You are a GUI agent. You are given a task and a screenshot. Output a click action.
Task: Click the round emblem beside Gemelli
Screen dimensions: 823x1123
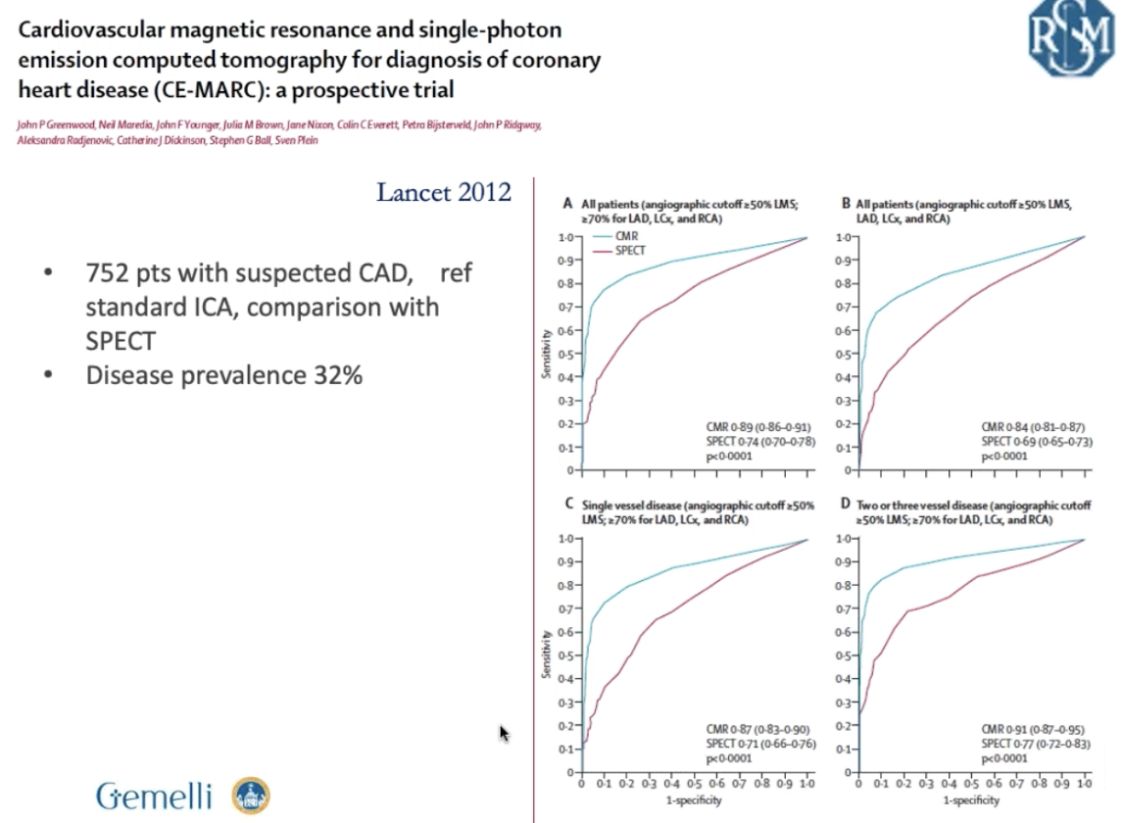tap(250, 797)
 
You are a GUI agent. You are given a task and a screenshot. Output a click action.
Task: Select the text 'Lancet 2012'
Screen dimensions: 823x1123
tap(444, 191)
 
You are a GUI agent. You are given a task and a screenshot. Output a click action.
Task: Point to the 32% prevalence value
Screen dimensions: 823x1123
tap(332, 374)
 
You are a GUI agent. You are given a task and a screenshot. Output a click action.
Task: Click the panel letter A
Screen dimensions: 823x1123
tap(567, 204)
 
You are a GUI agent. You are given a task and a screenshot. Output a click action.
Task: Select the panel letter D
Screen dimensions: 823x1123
tap(846, 506)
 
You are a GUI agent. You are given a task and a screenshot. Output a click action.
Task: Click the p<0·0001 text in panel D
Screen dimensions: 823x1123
tap(1003, 757)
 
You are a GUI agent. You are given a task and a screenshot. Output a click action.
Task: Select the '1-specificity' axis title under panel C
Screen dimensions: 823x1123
tap(694, 800)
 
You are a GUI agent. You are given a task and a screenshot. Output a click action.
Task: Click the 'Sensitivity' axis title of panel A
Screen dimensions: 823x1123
tap(549, 352)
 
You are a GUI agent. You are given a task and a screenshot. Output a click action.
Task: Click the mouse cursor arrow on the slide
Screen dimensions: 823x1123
tap(504, 732)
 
